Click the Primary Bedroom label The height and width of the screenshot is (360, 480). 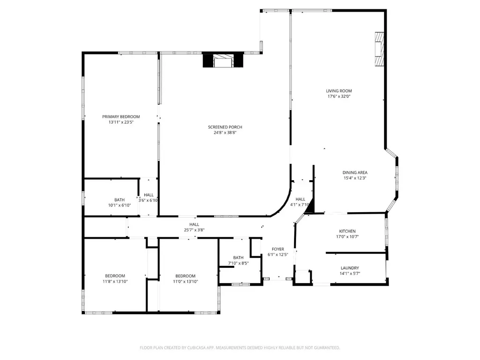coord(121,117)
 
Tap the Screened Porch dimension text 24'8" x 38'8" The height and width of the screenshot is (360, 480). coord(225,132)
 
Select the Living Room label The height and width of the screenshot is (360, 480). coord(339,91)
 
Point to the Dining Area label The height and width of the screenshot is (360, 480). coord(355,173)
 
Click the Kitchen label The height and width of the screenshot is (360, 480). coord(347,231)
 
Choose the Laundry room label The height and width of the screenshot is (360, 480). coord(350,268)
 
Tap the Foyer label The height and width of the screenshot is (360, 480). coord(278,249)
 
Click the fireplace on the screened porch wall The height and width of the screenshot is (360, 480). coord(223,60)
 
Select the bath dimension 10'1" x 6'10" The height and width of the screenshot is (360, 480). coord(119,205)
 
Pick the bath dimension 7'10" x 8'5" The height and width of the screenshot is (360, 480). coord(238,263)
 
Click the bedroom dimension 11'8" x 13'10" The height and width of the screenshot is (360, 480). coord(115,281)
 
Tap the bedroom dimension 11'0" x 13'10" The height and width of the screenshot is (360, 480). coord(185,281)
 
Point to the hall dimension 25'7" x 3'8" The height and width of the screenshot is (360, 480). coord(194,230)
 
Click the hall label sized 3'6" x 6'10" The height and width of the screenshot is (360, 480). coord(148,195)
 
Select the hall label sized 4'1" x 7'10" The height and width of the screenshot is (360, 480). coord(300,199)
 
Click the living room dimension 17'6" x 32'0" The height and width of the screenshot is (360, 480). coord(339,96)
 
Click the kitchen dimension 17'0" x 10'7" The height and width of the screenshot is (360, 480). coord(347,236)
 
